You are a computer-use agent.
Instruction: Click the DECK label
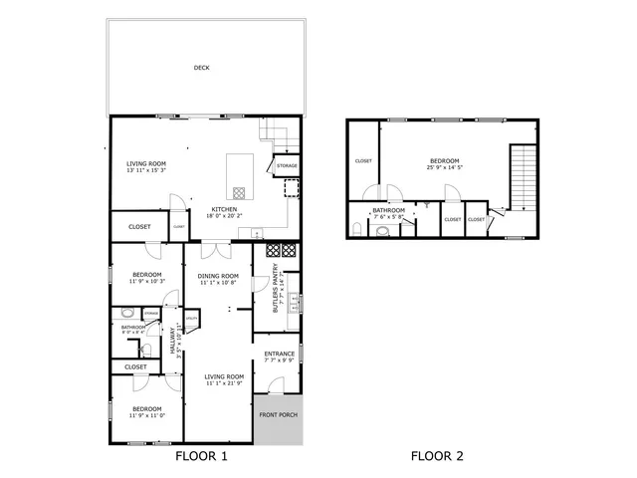(202, 68)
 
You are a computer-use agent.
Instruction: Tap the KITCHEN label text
(222, 208)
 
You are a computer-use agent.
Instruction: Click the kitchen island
(240, 176)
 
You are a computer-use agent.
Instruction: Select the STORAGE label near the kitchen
(287, 165)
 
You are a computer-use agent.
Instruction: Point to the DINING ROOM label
(217, 276)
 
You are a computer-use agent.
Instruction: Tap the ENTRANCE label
(279, 355)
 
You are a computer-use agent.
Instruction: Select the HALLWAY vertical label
(172, 342)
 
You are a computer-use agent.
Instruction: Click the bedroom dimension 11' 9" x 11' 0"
(146, 415)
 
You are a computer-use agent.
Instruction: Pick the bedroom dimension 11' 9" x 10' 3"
(146, 282)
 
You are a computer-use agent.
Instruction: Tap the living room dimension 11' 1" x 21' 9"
(224, 383)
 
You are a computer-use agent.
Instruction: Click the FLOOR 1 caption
(202, 457)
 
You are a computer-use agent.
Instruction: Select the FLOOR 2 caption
(437, 457)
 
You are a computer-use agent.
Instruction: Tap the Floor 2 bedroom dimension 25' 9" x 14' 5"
(444, 167)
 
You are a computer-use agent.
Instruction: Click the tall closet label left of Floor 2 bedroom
(363, 160)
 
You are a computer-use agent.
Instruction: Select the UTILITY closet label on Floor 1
(191, 320)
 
